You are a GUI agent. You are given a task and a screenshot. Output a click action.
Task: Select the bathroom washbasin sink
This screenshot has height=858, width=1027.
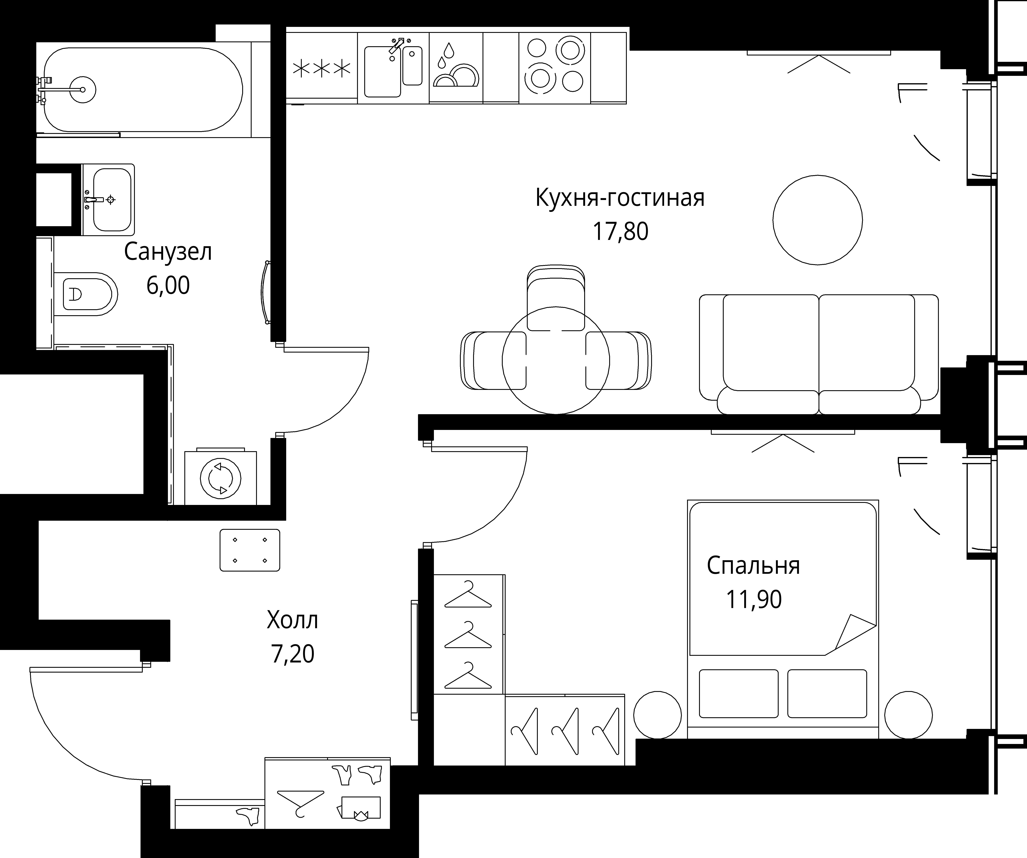point(111,200)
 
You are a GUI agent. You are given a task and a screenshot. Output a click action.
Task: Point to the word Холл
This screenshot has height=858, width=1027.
point(293,620)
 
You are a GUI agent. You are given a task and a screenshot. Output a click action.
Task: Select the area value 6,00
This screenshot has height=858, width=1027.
point(168,285)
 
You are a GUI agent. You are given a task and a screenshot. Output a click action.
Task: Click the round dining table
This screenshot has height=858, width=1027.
point(556,361)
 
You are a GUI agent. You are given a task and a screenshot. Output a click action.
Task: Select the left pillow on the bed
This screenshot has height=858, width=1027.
point(738,694)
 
